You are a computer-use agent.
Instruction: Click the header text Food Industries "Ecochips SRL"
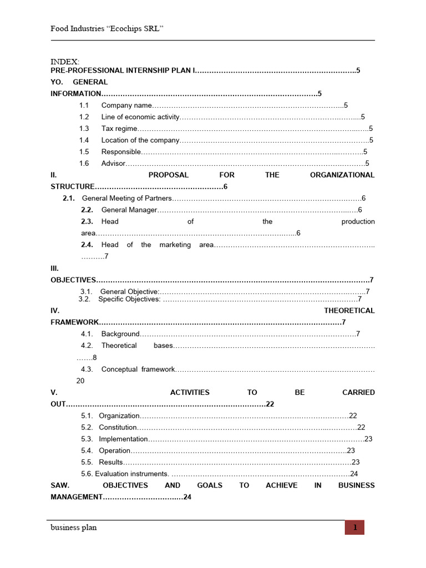106,28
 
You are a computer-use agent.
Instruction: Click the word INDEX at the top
65,61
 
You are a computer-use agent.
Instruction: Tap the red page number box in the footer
354,528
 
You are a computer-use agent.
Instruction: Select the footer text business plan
73,528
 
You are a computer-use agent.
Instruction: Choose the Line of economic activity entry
140,117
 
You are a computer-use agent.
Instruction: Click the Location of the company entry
140,140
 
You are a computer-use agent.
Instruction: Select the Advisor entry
114,164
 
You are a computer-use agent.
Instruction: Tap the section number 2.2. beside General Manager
87,210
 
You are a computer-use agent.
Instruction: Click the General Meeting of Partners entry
127,198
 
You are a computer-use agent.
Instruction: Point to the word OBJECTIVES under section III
73,280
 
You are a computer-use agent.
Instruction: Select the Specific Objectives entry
129,299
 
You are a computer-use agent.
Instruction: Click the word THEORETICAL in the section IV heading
349,311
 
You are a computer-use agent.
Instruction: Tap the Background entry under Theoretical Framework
120,334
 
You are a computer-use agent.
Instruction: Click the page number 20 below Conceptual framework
80,381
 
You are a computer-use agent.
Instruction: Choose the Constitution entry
118,427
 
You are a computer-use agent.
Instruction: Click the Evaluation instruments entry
132,474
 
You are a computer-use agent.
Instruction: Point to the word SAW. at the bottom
60,485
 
